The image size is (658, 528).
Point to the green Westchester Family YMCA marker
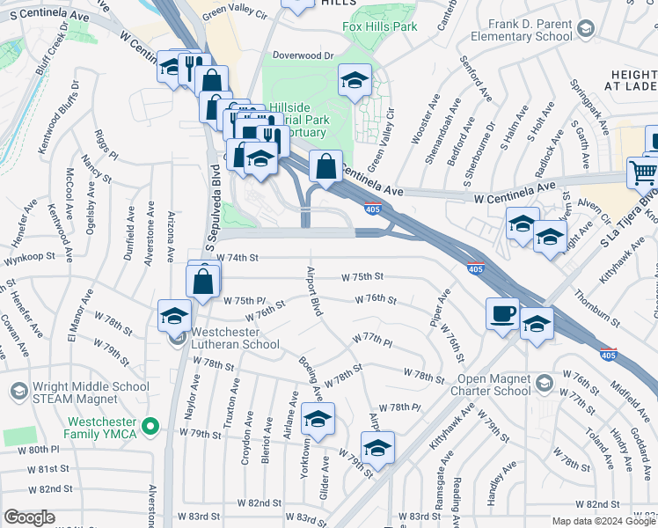click(151, 428)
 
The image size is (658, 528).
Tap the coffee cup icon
click(503, 313)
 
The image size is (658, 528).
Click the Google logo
click(29, 517)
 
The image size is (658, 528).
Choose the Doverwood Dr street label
click(304, 55)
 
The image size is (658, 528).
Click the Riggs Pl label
click(106, 143)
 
